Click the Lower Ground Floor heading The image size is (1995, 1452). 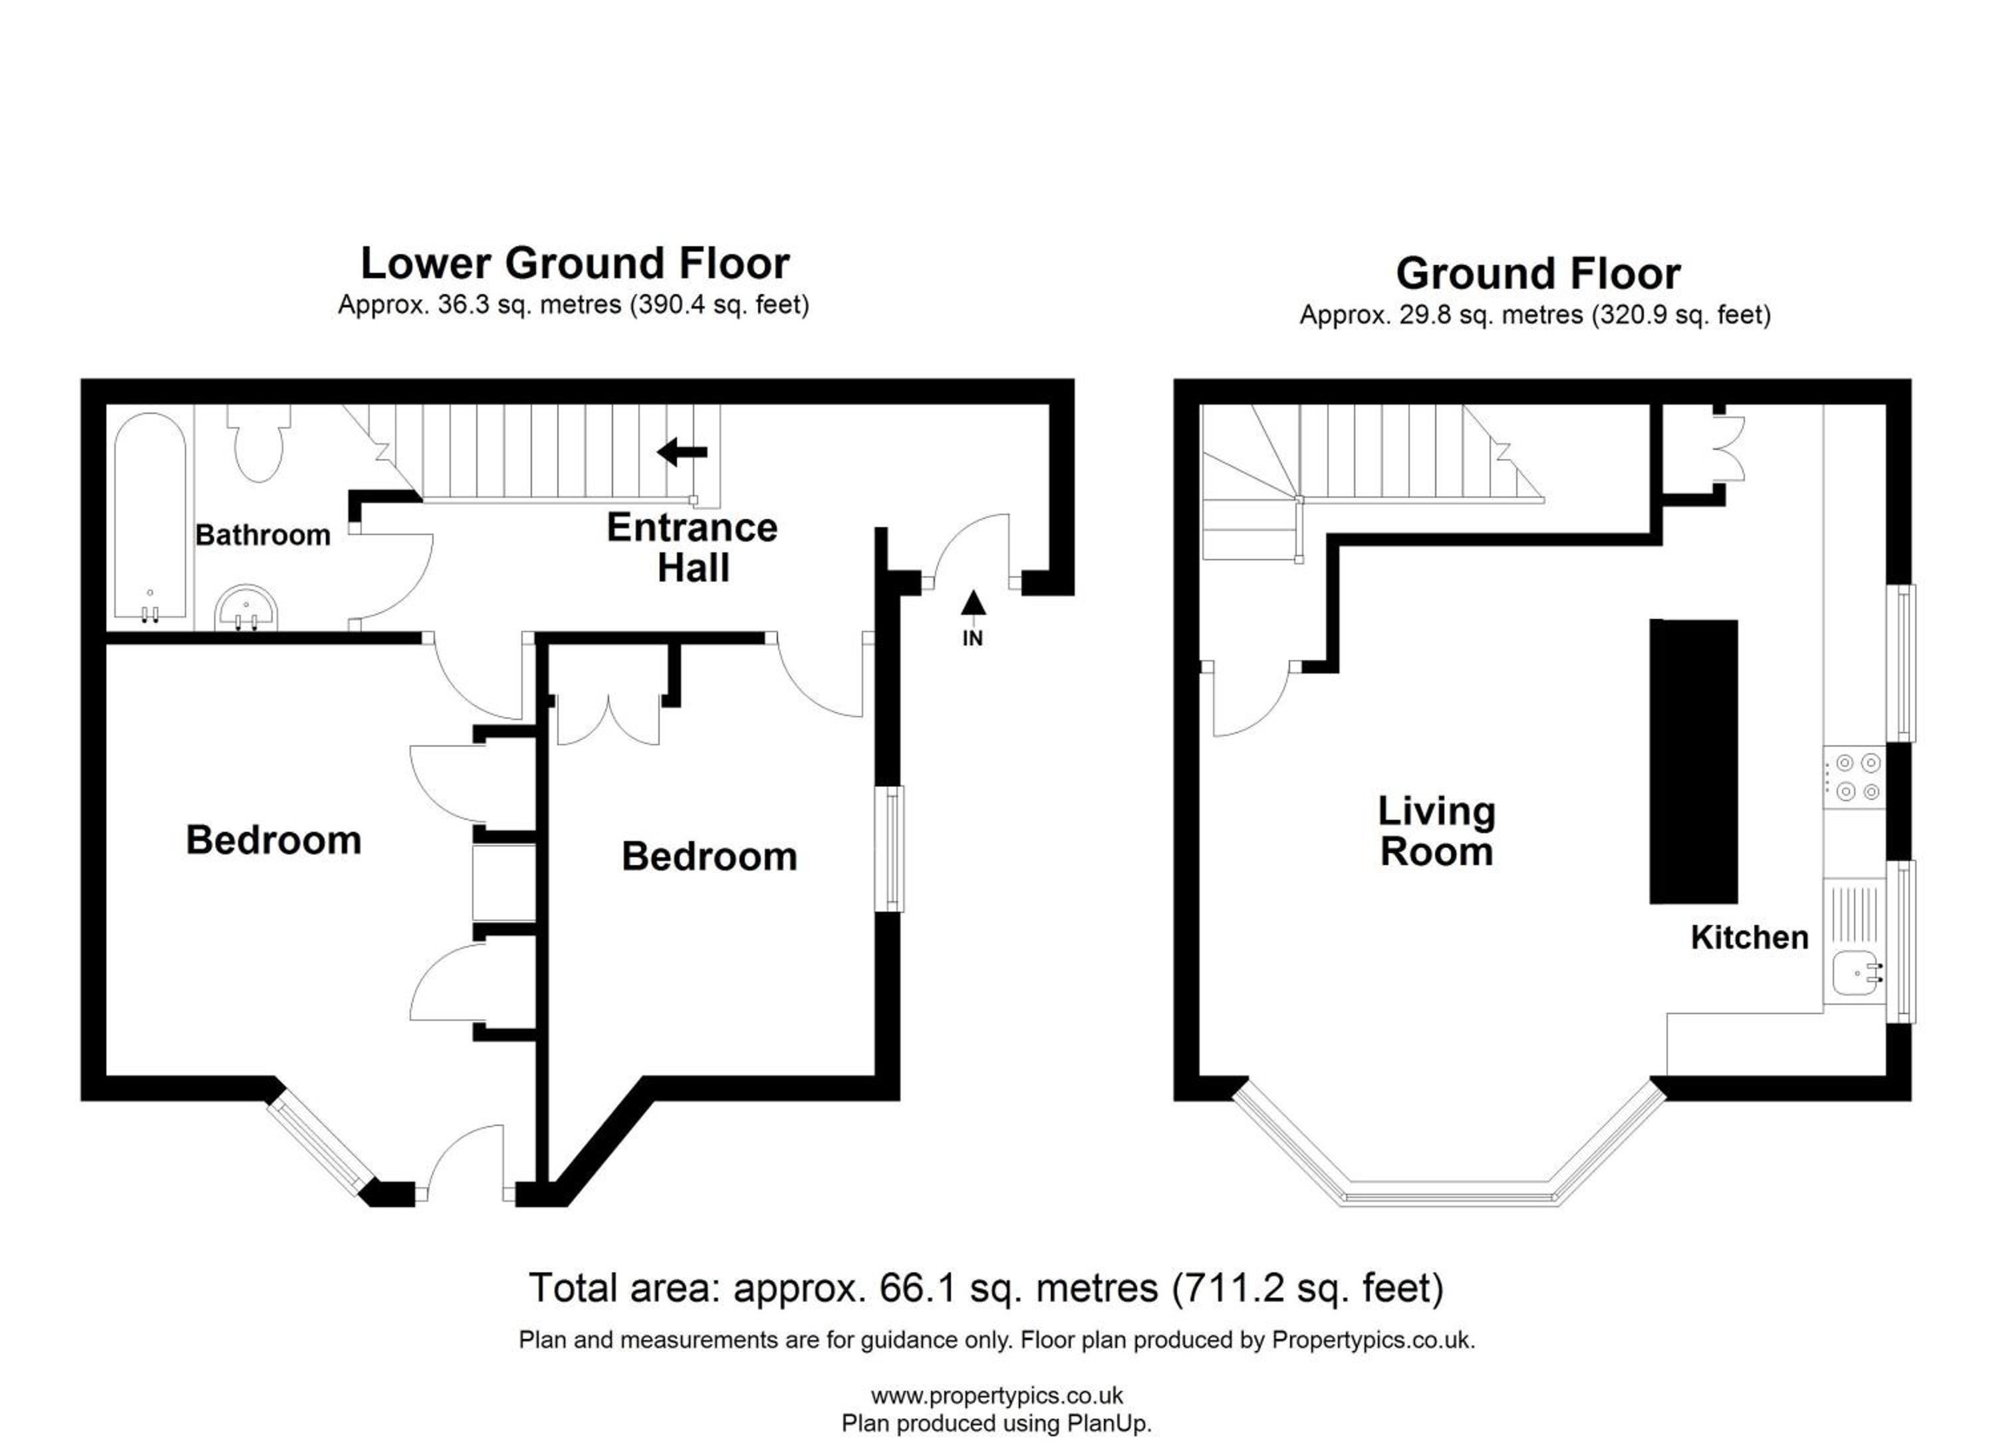(575, 263)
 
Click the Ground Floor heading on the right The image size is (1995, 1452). (1538, 273)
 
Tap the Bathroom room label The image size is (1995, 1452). (263, 535)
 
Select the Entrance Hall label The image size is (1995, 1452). (692, 548)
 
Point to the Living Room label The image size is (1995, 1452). (1436, 832)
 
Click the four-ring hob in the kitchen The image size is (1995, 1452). (1854, 778)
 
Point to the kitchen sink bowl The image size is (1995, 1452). (1856, 975)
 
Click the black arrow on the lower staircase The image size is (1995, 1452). (682, 453)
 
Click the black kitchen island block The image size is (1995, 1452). (1693, 762)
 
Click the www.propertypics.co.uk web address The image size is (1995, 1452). (997, 1395)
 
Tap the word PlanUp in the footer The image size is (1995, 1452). (1107, 1424)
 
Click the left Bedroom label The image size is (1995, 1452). (273, 840)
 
